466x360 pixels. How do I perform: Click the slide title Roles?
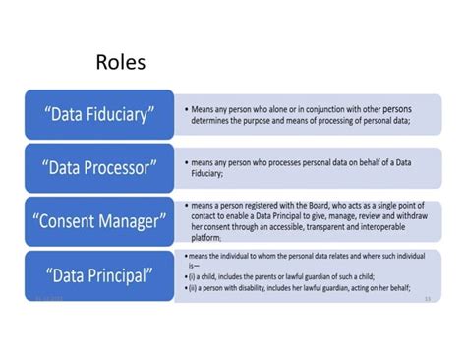coord(121,63)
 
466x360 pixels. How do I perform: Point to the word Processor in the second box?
coord(123,167)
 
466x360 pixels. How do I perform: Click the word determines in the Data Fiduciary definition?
coord(212,122)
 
